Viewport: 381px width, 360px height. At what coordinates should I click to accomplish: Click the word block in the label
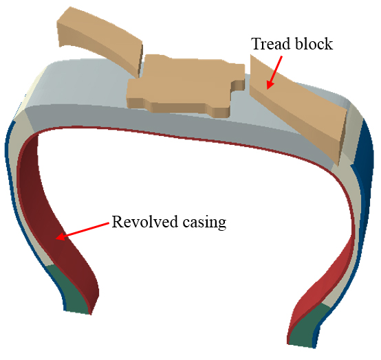coord(313,44)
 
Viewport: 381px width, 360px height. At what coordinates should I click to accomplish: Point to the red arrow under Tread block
coord(274,73)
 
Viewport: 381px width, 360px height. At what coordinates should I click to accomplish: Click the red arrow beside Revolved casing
coord(83,231)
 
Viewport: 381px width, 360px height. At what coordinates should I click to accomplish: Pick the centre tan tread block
coord(185,85)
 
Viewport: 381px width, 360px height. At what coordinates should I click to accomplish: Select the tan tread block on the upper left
coord(100,40)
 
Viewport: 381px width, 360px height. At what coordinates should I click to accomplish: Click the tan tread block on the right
coord(298,109)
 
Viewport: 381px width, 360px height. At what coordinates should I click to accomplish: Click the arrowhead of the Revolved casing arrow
coord(61,236)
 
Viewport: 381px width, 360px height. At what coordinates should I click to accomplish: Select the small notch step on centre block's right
coord(238,85)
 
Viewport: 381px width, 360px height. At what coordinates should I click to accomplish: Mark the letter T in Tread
coord(257,44)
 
